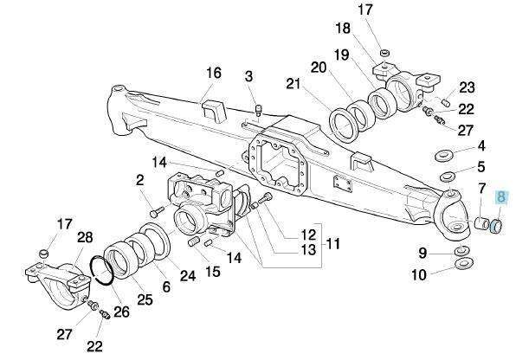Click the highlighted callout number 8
click(501, 197)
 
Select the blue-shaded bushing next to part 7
click(495, 227)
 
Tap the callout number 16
click(214, 73)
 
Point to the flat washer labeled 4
click(443, 155)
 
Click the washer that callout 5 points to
click(448, 176)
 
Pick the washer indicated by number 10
click(463, 262)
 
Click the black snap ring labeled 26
click(102, 270)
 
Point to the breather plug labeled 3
click(259, 110)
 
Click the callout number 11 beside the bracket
click(333, 245)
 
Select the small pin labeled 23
click(446, 103)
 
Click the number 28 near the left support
click(85, 237)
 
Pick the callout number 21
click(293, 84)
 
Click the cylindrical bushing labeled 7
click(481, 223)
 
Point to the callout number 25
click(145, 299)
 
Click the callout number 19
click(342, 55)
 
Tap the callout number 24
click(188, 276)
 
